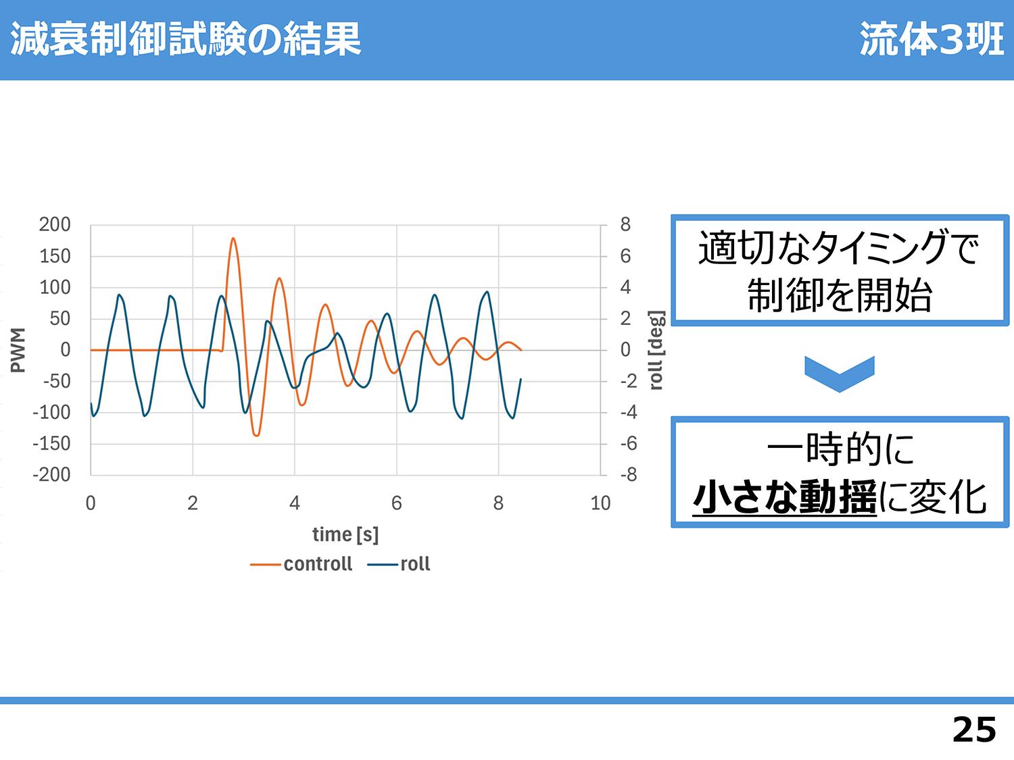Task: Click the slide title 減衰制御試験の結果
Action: [x=185, y=39]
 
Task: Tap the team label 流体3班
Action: [x=932, y=39]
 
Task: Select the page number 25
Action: [x=974, y=730]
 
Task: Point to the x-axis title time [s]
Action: [x=345, y=535]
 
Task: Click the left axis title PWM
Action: [x=18, y=350]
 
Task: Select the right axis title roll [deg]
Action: [x=656, y=350]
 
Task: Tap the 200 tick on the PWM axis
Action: [x=55, y=225]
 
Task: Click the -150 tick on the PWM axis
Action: [x=51, y=444]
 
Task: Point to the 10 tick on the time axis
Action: [x=600, y=503]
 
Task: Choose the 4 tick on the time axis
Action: [x=295, y=503]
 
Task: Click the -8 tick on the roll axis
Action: [x=629, y=475]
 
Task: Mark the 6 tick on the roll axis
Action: [x=625, y=256]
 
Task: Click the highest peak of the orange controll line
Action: [x=233, y=238]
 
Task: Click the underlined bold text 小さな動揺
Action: [x=784, y=497]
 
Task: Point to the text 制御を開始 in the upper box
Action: [x=840, y=295]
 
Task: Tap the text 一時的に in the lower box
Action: [x=840, y=449]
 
